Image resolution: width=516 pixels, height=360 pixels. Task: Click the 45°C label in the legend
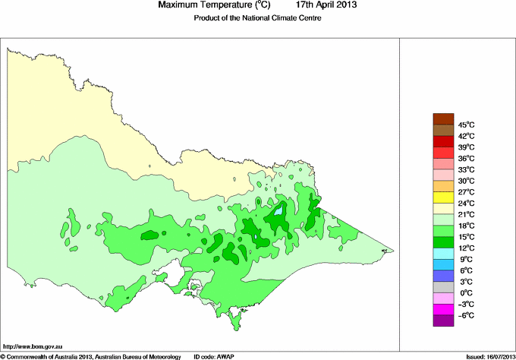click(x=465, y=125)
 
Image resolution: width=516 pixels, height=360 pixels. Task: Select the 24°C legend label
click(x=465, y=204)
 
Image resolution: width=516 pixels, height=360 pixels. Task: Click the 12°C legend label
click(x=465, y=248)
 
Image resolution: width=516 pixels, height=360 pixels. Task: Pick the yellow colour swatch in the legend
click(x=443, y=197)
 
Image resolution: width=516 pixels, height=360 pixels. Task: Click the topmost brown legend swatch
click(x=443, y=118)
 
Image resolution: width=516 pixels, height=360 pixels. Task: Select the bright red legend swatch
click(x=443, y=141)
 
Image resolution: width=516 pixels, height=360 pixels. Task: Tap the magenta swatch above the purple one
click(x=443, y=310)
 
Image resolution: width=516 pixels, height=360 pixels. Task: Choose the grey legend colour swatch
click(x=443, y=288)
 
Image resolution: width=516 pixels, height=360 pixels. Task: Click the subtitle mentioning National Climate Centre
click(x=258, y=17)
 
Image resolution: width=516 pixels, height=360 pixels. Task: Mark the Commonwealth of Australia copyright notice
click(x=92, y=355)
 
